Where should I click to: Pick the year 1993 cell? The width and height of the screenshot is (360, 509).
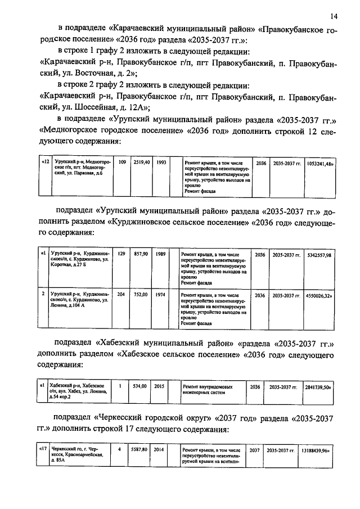162,162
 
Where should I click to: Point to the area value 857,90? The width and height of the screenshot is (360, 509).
141,254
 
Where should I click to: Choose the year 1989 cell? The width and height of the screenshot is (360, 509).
161,254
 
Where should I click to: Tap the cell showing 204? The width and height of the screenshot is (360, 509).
120,294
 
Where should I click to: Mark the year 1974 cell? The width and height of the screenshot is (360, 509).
161,294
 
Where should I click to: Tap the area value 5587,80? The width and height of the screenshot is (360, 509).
140,451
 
